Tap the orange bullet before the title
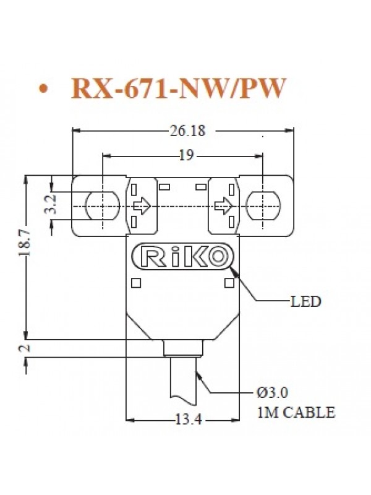[42, 90]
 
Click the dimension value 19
[184, 156]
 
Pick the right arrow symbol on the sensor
[223, 205]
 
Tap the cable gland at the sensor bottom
[183, 348]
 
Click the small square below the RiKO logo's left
[137, 284]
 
